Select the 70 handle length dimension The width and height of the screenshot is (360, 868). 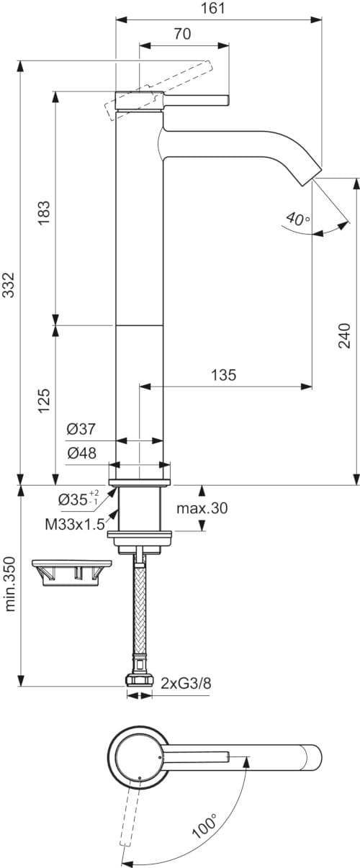(x=184, y=33)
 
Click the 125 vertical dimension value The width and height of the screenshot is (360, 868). (x=45, y=399)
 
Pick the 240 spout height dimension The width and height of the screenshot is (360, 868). (x=346, y=335)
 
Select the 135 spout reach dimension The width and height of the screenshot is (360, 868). (x=224, y=374)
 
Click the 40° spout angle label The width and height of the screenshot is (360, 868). (x=297, y=217)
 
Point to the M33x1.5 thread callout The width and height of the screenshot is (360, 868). (x=76, y=524)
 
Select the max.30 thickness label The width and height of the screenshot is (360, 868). (x=202, y=508)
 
